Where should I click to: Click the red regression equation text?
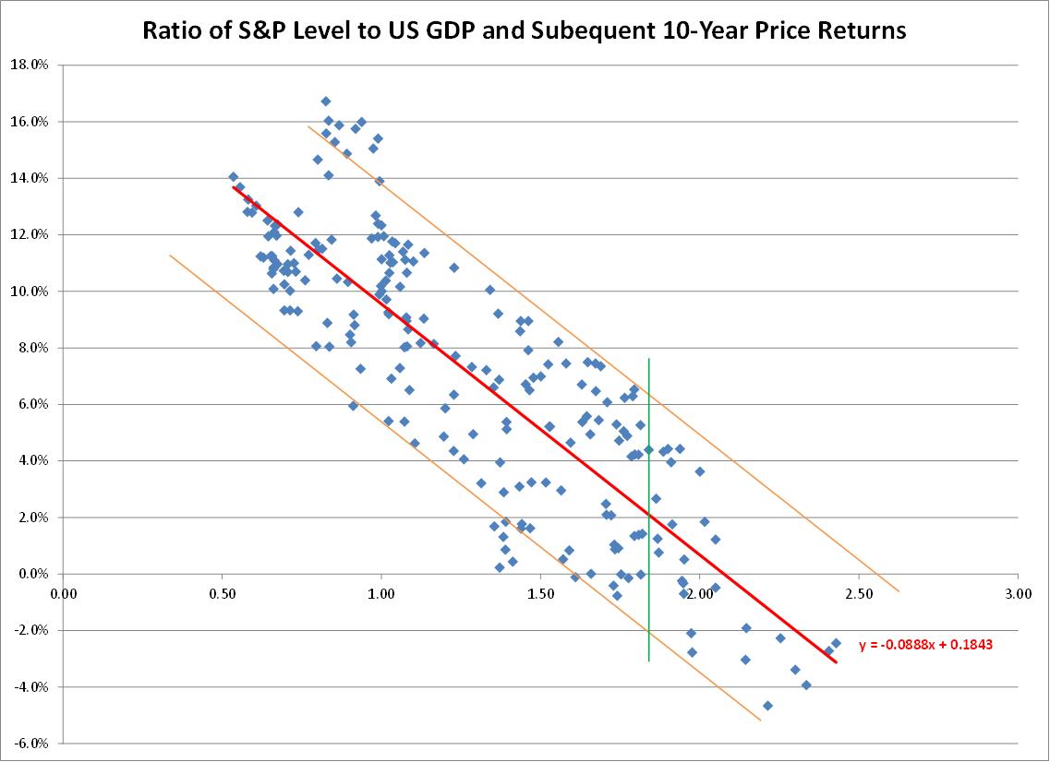925,646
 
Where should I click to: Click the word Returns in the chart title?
859,30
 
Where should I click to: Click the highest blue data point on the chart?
325,101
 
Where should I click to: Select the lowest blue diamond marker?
767,706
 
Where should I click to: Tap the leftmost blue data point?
234,177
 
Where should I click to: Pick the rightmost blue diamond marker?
836,643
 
